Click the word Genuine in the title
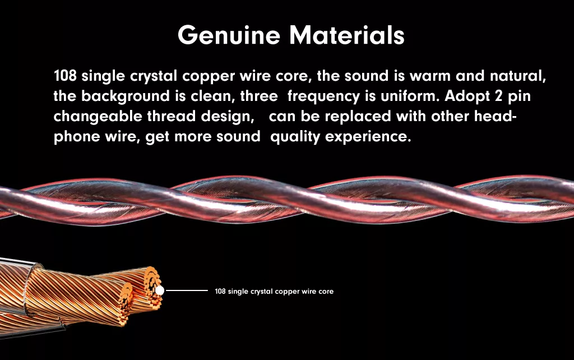pos(229,35)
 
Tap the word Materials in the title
pos(346,35)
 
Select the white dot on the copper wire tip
pos(160,290)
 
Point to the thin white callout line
pos(187,290)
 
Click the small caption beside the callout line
pos(274,292)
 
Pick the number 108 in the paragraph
pos(65,76)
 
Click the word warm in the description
pos(430,76)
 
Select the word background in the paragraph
pos(125,96)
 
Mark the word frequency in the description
pos(323,96)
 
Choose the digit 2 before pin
pos(498,96)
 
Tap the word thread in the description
pos(171,117)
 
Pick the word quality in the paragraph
pos(295,137)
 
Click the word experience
pos(368,137)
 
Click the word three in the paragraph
pos(259,96)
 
